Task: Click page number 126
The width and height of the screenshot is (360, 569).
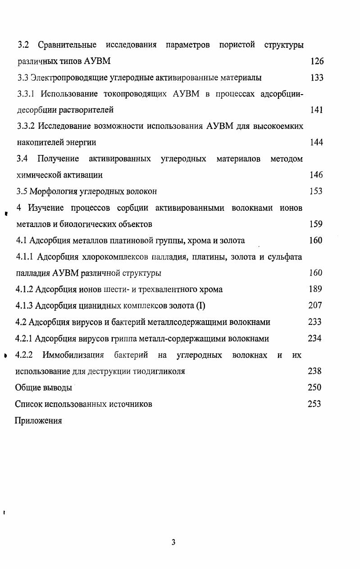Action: (317, 61)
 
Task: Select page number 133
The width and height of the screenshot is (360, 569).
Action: (317, 77)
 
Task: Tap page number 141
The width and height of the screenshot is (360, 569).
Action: (316, 110)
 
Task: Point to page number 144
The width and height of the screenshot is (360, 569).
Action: (316, 142)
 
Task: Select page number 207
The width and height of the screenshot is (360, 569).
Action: (315, 305)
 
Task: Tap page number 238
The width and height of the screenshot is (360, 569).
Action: (314, 371)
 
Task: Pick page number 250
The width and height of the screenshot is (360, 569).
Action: (314, 387)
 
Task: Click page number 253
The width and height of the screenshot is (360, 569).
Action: (314, 404)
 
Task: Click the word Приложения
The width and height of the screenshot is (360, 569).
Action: (38, 421)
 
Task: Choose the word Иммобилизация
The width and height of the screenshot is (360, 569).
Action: (73, 355)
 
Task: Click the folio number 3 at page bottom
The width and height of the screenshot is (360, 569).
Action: (173, 542)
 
